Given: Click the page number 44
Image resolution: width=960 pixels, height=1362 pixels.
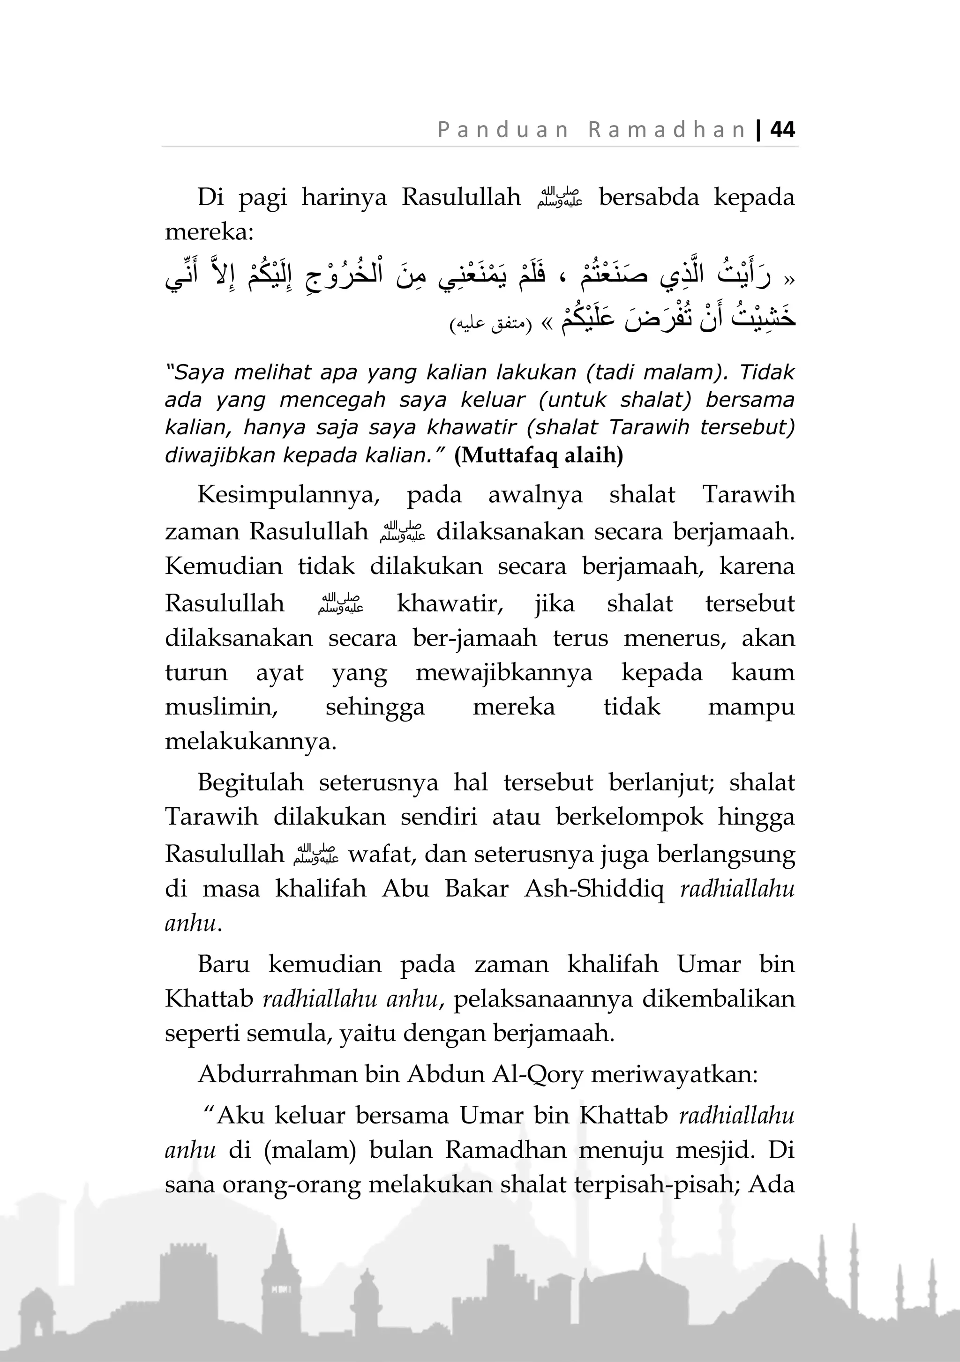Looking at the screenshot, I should pos(782,129).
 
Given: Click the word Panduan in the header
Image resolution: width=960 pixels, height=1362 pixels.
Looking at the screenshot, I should pos(503,130).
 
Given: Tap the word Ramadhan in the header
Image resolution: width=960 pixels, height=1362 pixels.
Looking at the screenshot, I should pos(667,130).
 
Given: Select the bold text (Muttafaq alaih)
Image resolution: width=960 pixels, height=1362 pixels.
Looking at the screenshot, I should pos(538,455).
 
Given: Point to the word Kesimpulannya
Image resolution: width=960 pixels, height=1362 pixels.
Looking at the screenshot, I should pos(288,495).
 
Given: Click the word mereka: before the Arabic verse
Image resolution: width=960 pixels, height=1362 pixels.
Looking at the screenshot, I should pos(209,232).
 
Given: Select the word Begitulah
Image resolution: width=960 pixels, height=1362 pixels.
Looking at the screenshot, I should pos(250,782).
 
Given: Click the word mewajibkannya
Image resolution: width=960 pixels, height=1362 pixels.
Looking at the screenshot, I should pos(504,673).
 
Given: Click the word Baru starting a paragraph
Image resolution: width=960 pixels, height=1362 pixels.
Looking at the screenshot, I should pos(223,964).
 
